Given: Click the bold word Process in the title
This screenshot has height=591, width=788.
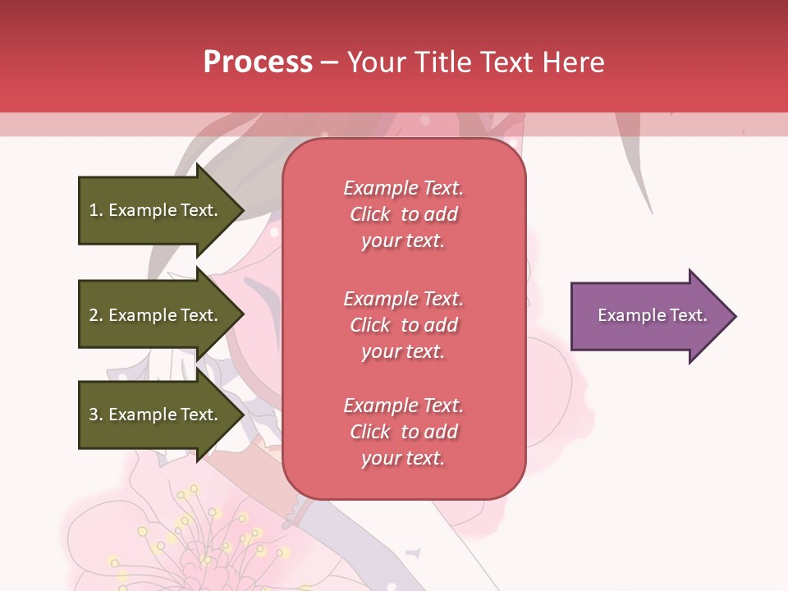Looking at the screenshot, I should (x=258, y=62).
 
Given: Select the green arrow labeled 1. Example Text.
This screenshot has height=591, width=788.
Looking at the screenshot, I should (x=156, y=210).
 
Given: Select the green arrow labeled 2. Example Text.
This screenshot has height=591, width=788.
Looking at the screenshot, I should (x=156, y=315).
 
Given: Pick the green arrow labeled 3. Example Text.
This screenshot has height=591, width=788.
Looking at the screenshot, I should (x=156, y=415).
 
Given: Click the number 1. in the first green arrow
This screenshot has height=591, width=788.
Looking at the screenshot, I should (x=96, y=210).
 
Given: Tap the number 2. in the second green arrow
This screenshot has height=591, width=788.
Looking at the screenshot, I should (x=96, y=315).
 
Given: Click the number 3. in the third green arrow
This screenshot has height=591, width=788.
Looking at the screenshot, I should (x=96, y=415).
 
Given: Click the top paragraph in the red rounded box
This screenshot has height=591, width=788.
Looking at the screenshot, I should (x=403, y=214).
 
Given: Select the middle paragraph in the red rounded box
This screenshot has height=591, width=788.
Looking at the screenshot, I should (x=403, y=325).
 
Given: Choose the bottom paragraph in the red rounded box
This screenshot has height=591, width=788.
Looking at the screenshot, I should (x=403, y=432).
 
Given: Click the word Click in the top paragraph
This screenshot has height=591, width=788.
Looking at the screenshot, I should (x=370, y=214).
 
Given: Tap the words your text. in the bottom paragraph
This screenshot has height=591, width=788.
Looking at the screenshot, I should (x=403, y=458).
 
